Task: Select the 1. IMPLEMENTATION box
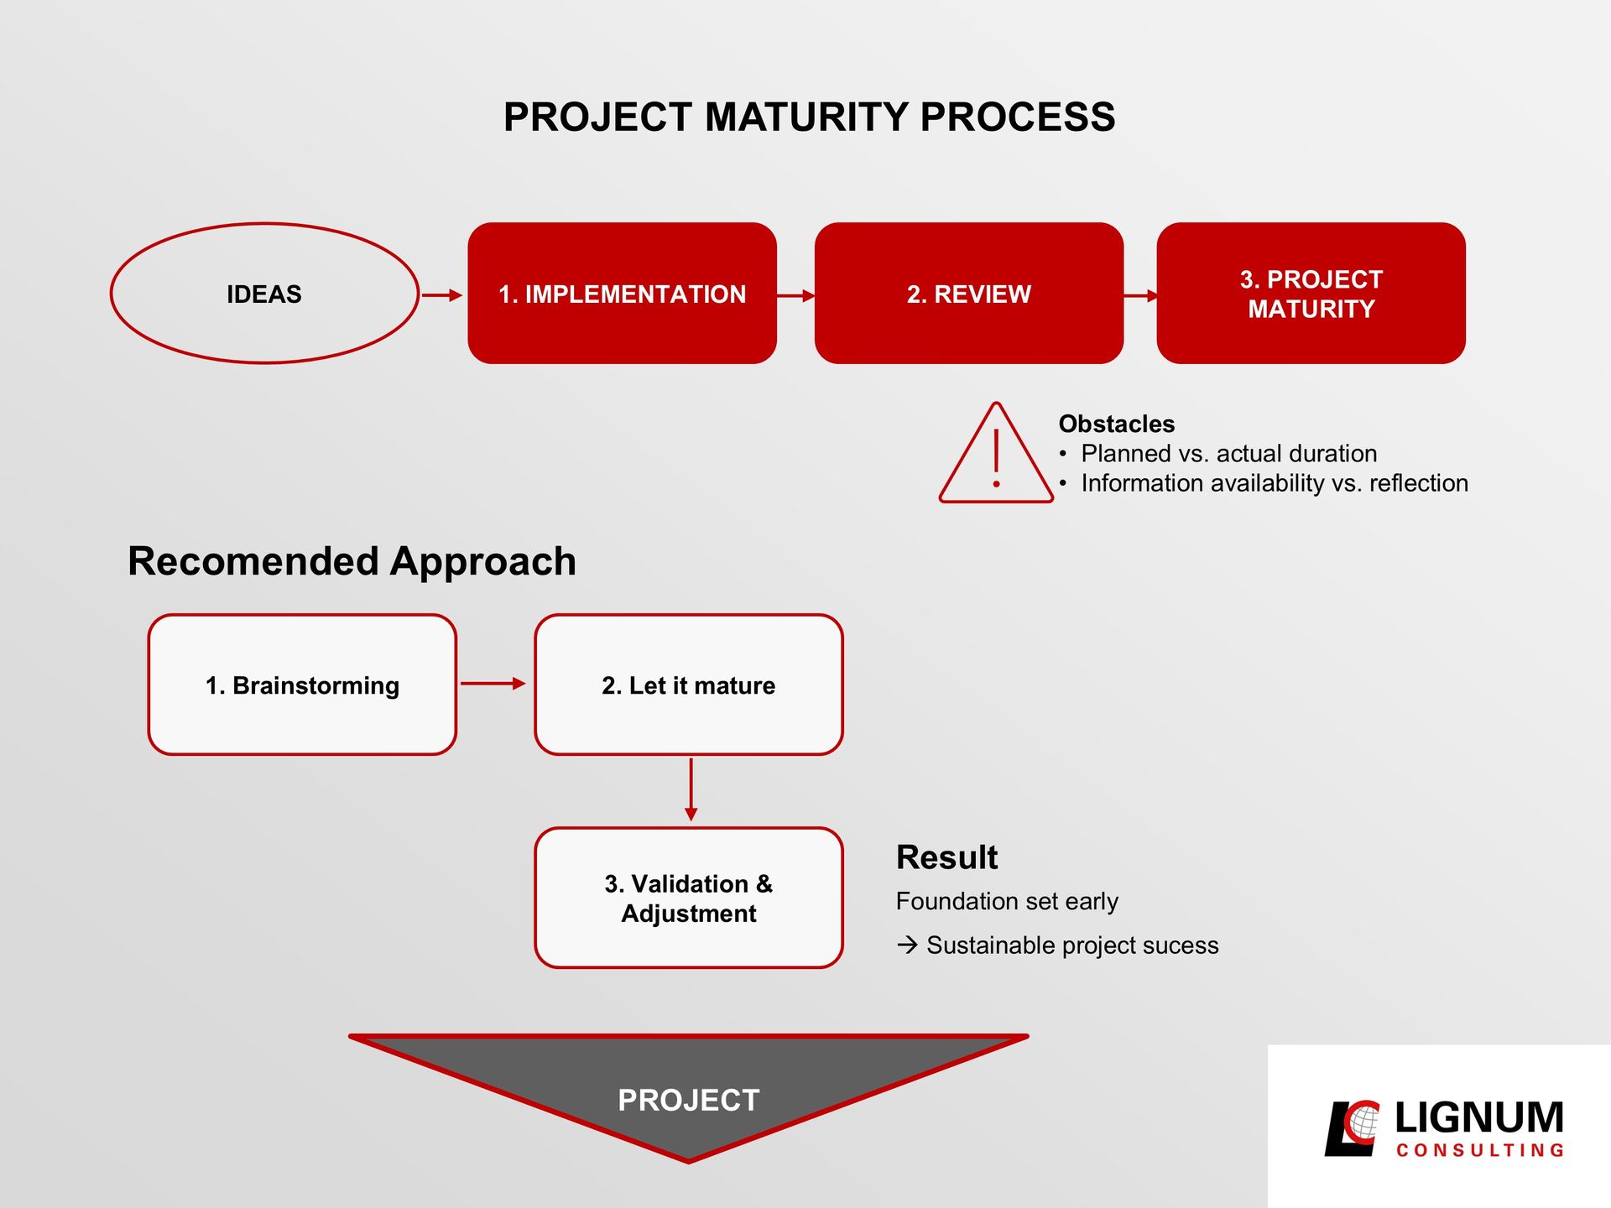(x=622, y=293)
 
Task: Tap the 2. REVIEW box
(x=968, y=293)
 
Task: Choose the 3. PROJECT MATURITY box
(x=1311, y=293)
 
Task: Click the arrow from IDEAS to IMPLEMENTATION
(x=442, y=295)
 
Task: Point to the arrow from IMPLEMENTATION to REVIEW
(x=796, y=295)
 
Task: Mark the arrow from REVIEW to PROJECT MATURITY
(x=1141, y=295)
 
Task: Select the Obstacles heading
(x=1116, y=424)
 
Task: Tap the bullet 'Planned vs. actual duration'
(x=1228, y=454)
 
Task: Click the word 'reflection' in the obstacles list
(x=1418, y=483)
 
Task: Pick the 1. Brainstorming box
(x=302, y=685)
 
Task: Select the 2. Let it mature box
(x=689, y=685)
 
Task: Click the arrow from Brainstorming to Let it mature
(x=493, y=684)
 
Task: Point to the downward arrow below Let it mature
(x=691, y=789)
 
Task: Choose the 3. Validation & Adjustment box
(x=689, y=898)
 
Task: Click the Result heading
(x=946, y=857)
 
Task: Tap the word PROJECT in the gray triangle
(x=689, y=1100)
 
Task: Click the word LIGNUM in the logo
(x=1479, y=1117)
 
